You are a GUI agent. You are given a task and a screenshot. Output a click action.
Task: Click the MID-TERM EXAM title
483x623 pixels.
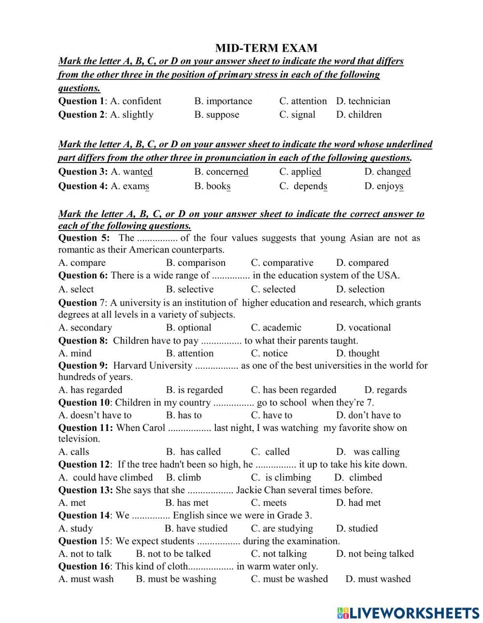coord(266,48)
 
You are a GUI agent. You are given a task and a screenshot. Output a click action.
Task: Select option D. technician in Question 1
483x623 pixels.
coord(363,101)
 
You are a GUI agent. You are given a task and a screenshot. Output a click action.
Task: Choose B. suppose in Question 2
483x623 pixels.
coord(216,114)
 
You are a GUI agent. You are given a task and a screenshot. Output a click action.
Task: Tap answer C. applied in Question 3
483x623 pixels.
coord(300,171)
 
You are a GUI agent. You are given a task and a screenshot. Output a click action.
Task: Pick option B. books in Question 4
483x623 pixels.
coord(212,186)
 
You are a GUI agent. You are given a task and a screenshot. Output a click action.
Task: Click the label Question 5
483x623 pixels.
coord(84,237)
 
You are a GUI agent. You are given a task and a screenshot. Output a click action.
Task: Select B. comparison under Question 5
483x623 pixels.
coord(196,263)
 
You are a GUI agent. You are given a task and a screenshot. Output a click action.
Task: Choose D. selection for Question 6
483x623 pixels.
coord(360,289)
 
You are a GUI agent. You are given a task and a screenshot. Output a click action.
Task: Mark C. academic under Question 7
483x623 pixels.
coord(276,327)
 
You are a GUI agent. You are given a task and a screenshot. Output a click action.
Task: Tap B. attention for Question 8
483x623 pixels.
coord(189,353)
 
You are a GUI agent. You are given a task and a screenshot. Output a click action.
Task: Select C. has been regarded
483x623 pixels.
coord(293,390)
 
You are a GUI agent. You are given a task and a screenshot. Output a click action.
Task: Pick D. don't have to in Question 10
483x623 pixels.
coord(368,415)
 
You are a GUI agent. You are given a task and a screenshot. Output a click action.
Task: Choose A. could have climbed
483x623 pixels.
coord(105,477)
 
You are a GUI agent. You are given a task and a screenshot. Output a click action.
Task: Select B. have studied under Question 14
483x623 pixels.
coord(196,528)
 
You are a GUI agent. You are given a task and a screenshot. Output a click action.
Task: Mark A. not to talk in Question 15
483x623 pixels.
coord(85,554)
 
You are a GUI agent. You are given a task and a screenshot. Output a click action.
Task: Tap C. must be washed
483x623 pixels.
coord(289,579)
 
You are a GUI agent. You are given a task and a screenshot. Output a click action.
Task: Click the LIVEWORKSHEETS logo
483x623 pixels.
coord(408,612)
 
